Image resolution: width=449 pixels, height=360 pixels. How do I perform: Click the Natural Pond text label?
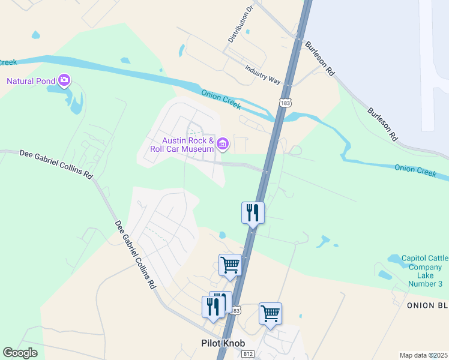(30, 81)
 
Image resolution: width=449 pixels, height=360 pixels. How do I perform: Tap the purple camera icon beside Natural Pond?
(64, 80)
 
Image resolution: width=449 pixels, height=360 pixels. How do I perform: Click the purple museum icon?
(223, 143)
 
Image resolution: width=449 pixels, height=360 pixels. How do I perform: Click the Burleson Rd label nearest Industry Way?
(319, 58)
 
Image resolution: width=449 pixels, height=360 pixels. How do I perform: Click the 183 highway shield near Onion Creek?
(285, 103)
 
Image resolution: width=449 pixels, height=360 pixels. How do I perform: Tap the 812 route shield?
(249, 355)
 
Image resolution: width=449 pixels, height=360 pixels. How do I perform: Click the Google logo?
(20, 352)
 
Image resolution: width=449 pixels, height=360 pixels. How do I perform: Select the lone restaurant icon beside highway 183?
(253, 212)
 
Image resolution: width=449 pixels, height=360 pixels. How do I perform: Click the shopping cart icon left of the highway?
(231, 265)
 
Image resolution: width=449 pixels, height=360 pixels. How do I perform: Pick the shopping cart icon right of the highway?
(270, 313)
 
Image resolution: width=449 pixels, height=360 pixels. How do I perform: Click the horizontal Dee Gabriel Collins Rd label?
(56, 164)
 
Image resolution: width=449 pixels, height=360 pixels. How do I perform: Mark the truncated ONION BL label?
(427, 305)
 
